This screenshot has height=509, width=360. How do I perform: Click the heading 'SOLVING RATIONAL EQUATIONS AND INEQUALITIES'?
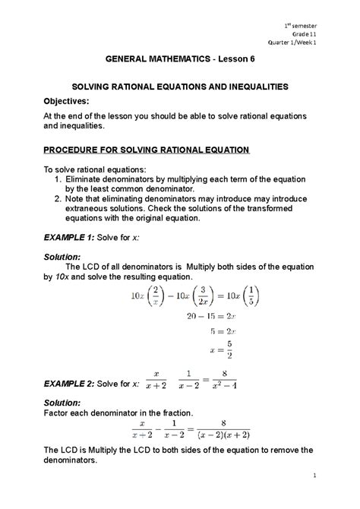pyautogui.click(x=179, y=87)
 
